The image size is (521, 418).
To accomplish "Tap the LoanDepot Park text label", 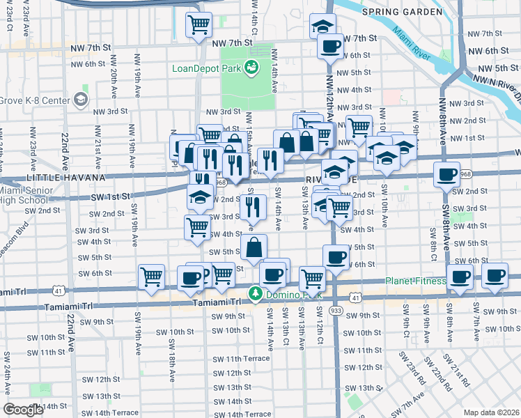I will tap(206, 68).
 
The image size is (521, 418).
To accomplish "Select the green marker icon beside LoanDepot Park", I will tap(250, 67).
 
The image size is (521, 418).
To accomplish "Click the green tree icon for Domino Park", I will tap(256, 295).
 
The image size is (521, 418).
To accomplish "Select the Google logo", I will tap(24, 409).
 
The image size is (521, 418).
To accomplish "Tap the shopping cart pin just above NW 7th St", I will tap(199, 24).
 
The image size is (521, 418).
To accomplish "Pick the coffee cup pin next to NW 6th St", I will tap(330, 47).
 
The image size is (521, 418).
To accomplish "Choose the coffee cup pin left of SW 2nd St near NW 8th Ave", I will tap(446, 174).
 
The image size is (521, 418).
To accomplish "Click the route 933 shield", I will tap(336, 309).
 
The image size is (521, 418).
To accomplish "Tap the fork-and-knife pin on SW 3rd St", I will tap(254, 206).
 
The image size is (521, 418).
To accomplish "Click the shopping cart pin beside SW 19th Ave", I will tap(151, 277).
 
